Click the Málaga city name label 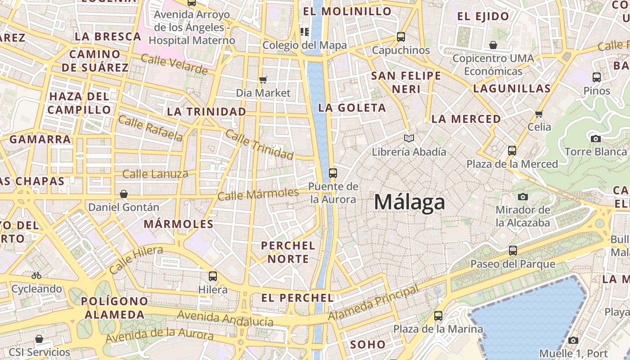click(409, 202)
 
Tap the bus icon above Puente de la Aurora click(333, 173)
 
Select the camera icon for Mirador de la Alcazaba click(522, 197)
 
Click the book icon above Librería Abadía click(409, 138)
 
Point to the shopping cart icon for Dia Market click(263, 80)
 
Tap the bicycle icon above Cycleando click(36, 275)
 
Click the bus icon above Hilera click(213, 276)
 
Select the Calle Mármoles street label click(258, 194)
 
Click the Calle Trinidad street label click(259, 144)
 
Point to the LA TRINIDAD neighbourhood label click(207, 112)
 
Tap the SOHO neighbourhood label click(368, 345)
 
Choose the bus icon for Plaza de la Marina click(438, 316)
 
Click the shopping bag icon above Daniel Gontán click(124, 194)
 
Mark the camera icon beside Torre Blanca click(596, 139)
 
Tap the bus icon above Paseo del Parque click(513, 251)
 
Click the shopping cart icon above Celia click(539, 114)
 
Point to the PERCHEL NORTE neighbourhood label click(288, 252)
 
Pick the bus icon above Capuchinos click(400, 37)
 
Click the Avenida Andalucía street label click(225, 318)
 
